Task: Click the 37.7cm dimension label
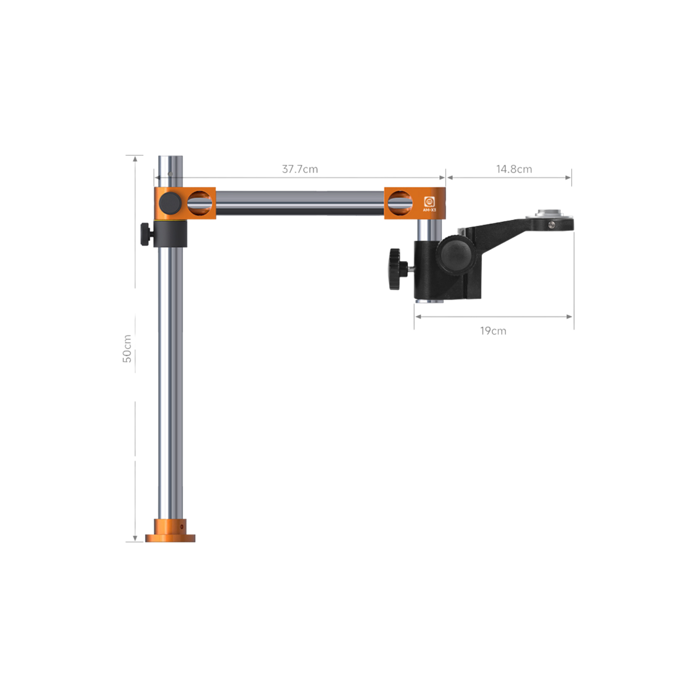tap(300, 169)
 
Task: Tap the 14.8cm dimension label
tap(514, 169)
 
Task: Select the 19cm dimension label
tap(493, 331)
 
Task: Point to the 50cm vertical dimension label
tap(127, 348)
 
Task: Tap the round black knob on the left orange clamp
tap(170, 203)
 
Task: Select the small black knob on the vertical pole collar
tap(146, 234)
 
